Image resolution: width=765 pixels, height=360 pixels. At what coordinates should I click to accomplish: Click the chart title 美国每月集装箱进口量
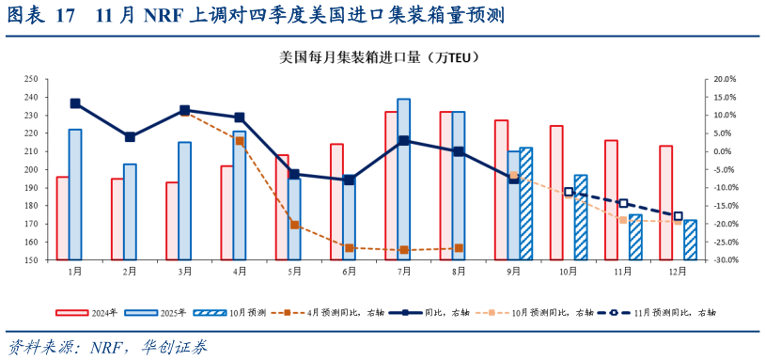click(380, 57)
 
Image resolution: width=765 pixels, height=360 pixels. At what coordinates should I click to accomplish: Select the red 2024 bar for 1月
click(62, 218)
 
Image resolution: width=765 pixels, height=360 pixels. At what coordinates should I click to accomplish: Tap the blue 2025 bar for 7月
click(403, 179)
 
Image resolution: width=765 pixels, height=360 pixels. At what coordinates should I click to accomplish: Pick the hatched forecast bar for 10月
click(580, 217)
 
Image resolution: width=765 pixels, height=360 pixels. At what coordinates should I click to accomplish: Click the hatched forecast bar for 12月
click(690, 240)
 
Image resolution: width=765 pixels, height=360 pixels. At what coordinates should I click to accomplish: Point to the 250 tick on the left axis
click(31, 80)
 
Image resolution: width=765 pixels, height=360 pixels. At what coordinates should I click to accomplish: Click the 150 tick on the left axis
click(31, 260)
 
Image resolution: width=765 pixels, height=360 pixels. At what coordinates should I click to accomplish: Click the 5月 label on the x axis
click(295, 272)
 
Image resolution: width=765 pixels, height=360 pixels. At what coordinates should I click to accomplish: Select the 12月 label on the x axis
click(677, 272)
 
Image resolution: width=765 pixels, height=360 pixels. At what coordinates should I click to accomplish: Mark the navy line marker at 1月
click(75, 103)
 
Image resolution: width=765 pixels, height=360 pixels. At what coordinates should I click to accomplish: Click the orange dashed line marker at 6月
click(349, 248)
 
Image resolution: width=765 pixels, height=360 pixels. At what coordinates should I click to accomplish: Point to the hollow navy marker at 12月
click(678, 216)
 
